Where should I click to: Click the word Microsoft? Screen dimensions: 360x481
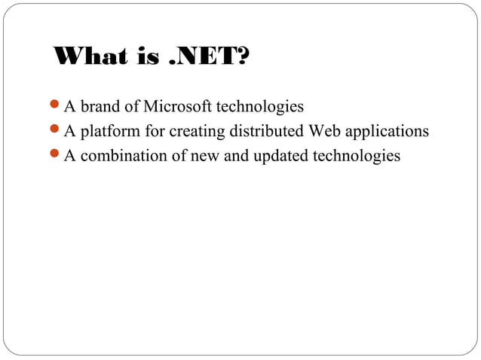176,105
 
